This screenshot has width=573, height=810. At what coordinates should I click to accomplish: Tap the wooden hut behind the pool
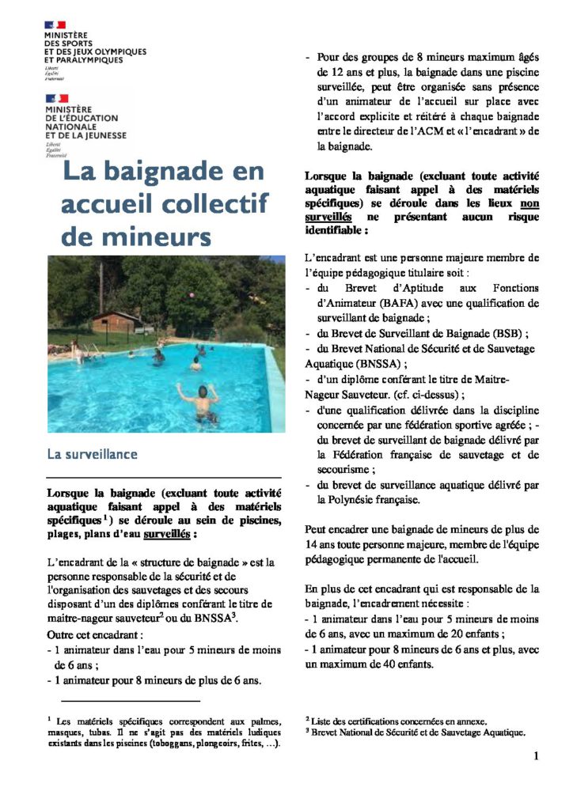pos(116,322)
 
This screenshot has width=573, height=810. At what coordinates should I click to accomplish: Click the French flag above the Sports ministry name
pos(55,25)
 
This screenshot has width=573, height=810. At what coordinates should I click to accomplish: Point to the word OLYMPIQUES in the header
pos(120,51)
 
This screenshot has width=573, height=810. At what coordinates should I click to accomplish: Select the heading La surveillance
pos(92,455)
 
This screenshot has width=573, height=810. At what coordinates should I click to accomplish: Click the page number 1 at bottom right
pos(536,756)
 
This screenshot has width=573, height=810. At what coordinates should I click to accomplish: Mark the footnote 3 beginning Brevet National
pos(415,732)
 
